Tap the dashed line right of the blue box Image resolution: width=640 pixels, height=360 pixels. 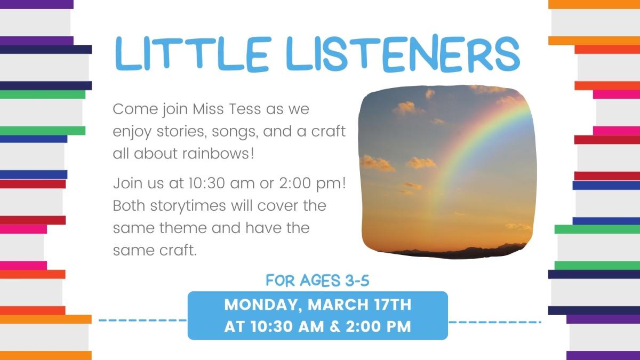pyautogui.click(x=494, y=322)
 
